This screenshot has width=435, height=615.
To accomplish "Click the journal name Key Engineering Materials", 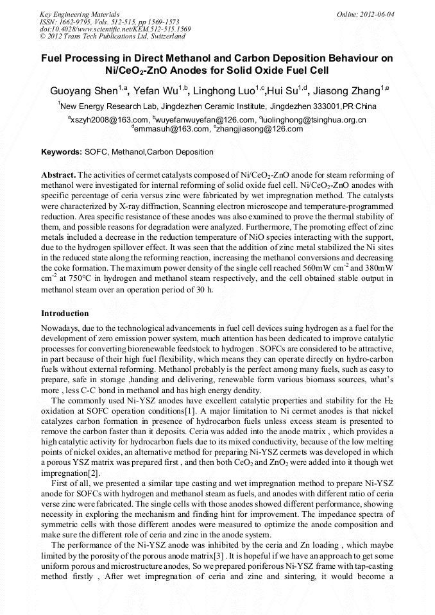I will click(79, 13).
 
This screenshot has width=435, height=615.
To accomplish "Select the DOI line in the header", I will click(115, 29).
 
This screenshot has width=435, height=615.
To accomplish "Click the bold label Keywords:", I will click(61, 152).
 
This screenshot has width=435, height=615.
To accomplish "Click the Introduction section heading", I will click(65, 314).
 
